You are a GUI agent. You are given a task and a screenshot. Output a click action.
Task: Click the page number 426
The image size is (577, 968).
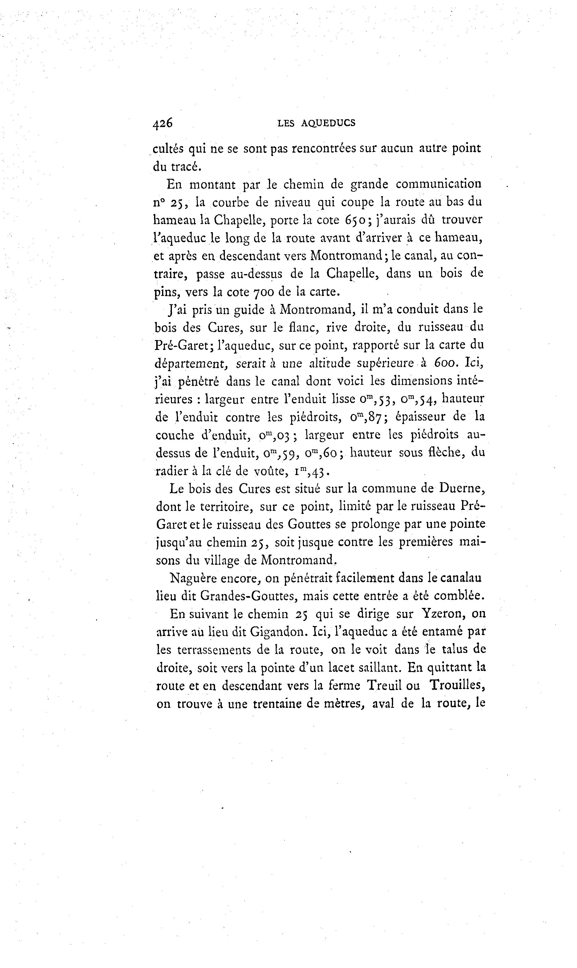tap(163, 123)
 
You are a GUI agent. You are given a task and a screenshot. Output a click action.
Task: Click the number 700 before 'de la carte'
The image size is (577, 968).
tap(264, 291)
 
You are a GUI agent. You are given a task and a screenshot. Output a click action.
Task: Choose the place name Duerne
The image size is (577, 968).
tap(462, 488)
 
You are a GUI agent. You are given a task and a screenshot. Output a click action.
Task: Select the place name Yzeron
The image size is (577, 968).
tap(444, 614)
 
